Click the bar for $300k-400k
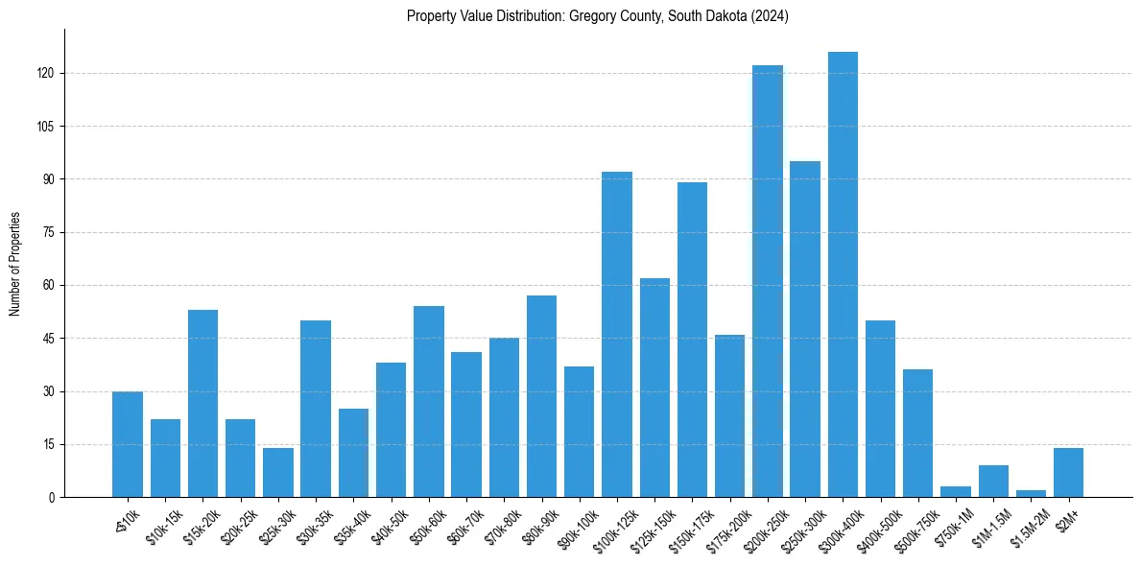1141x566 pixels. click(843, 274)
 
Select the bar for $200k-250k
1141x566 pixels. click(768, 281)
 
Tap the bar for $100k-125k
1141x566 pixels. click(617, 334)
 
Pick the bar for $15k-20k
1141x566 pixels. click(202, 403)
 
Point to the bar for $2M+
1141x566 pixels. click(1068, 472)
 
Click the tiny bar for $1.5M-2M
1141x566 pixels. click(1031, 493)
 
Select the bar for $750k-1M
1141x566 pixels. click(956, 492)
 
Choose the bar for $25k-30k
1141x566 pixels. click(278, 472)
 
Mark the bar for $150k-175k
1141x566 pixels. click(692, 340)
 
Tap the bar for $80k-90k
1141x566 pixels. click(541, 396)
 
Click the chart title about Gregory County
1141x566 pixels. click(597, 16)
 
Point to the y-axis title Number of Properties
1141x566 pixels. click(15, 264)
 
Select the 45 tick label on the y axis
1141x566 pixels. click(54, 339)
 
